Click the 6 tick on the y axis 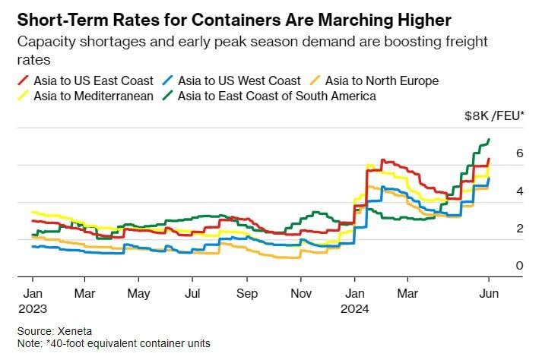[499, 153]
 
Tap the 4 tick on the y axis [499, 191]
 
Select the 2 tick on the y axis [499, 228]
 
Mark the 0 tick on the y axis [499, 265]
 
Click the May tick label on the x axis [138, 292]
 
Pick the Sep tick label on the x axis [247, 292]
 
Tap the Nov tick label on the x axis [302, 292]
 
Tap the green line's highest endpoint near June [488, 140]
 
